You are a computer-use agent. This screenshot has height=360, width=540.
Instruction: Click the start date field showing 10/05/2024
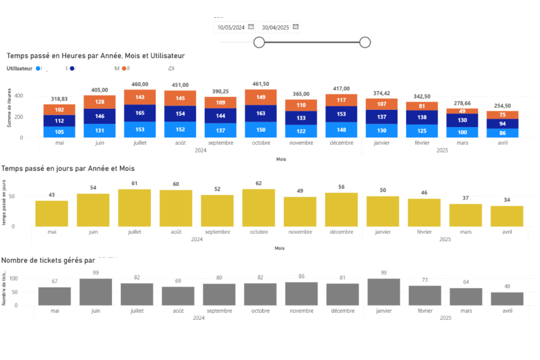point(231,27)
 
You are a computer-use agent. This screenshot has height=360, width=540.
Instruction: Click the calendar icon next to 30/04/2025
point(296,27)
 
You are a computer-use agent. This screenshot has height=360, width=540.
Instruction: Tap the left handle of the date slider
point(259,42)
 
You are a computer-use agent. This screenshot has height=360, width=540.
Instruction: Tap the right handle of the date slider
point(365,42)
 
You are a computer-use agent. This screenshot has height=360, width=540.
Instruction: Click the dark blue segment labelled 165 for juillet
point(140,113)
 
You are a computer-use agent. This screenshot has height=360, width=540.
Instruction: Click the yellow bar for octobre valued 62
point(259,207)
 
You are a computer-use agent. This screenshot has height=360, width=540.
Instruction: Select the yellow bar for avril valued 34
point(507,216)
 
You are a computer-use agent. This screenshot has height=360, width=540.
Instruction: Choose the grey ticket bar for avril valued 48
point(507,299)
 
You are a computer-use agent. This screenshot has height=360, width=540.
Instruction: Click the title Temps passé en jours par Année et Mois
point(68,168)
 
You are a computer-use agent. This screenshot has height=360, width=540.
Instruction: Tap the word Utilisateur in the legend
point(19,68)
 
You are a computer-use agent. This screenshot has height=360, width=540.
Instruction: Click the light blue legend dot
point(38,68)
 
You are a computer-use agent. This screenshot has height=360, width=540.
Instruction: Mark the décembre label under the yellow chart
point(342,232)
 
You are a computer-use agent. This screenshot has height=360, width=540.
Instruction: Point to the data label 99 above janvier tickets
point(383,273)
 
